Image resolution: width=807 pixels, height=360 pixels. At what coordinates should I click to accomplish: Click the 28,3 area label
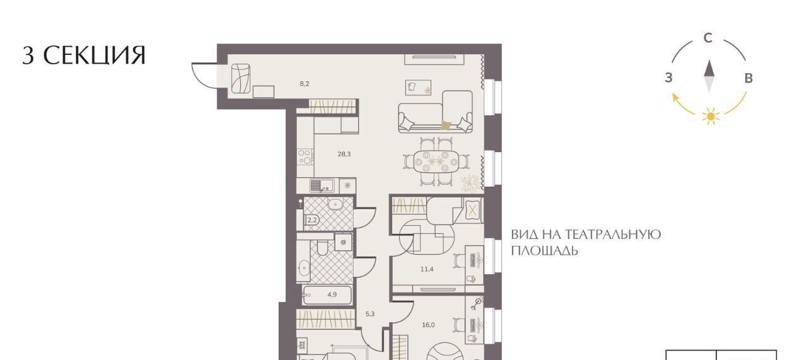(x=344, y=154)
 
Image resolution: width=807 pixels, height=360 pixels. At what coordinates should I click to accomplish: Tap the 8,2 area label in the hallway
(x=305, y=84)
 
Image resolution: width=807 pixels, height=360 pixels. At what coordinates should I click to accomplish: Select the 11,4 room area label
(x=427, y=269)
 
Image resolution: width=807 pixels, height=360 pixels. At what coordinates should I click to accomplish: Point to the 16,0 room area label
(x=428, y=325)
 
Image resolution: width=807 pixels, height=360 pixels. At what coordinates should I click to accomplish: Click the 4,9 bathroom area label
(x=332, y=294)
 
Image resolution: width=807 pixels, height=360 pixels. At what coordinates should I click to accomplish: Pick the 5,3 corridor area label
(x=370, y=314)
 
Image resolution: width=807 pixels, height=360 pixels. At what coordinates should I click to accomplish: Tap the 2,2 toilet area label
(x=311, y=220)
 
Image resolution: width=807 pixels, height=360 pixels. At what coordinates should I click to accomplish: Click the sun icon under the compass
(x=711, y=117)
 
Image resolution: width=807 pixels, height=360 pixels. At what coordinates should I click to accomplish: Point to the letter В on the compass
(x=748, y=78)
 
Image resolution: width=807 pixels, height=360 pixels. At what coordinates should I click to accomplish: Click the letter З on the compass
(x=669, y=78)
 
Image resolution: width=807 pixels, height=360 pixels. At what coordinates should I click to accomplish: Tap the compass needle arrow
(x=709, y=76)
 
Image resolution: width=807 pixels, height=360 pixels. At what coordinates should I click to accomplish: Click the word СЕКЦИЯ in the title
(x=95, y=55)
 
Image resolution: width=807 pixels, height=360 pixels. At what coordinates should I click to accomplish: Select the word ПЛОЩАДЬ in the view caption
(x=544, y=250)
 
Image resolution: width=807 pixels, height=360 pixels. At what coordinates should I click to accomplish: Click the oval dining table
(x=437, y=161)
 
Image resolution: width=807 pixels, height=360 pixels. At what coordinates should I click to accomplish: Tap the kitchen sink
(x=322, y=185)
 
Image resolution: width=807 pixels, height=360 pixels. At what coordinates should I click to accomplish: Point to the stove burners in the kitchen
(x=305, y=157)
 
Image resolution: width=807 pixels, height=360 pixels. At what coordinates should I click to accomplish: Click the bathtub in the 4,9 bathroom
(x=327, y=295)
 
